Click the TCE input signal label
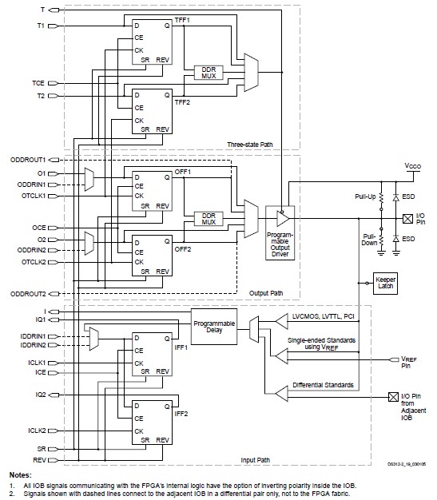pos(38,82)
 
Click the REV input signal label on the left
pos(39,459)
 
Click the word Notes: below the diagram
pos(16,474)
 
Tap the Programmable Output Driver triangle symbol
pos(281,217)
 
